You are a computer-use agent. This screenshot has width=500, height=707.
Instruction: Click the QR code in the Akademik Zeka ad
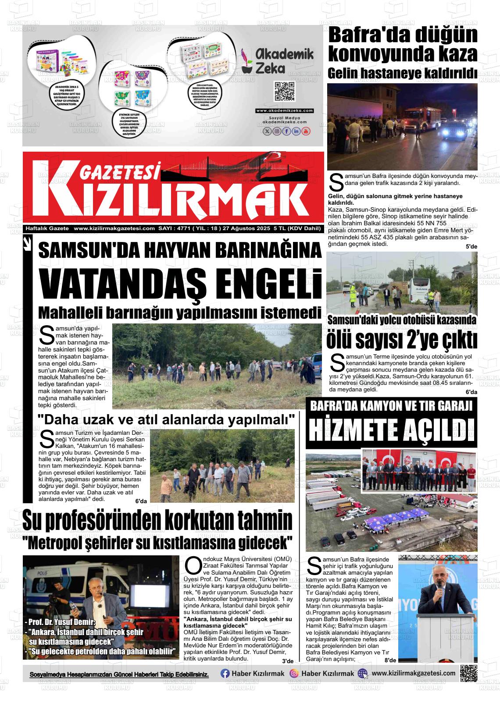click(284, 91)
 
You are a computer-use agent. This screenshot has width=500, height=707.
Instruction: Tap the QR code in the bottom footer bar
click(468, 674)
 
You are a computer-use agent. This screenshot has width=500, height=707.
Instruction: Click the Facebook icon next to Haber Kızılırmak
click(225, 674)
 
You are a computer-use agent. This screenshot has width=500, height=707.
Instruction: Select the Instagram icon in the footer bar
click(294, 674)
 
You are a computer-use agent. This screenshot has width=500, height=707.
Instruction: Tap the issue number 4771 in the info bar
click(184, 228)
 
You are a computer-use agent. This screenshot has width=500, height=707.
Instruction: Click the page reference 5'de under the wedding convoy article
click(471, 247)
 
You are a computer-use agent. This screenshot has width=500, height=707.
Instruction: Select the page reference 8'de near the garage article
click(389, 660)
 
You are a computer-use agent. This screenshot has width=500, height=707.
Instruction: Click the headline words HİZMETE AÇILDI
click(391, 430)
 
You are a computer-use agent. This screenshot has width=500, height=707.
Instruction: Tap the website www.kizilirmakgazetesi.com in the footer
click(413, 673)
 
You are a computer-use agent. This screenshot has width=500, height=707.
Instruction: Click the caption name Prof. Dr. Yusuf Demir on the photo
click(61, 622)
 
